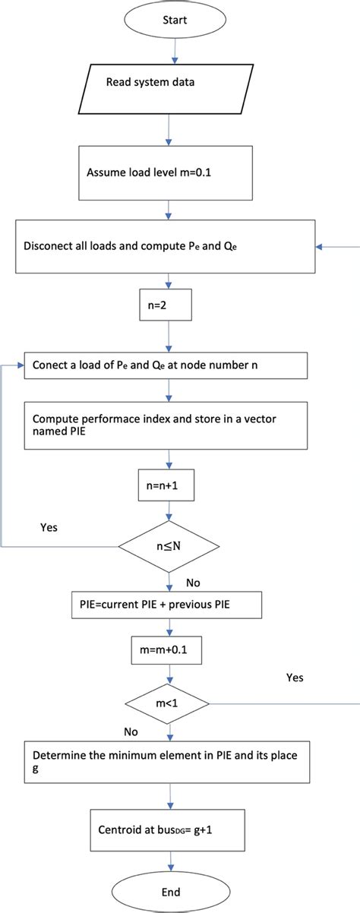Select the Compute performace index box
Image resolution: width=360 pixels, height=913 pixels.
click(167, 423)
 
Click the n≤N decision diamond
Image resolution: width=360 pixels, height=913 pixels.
click(169, 545)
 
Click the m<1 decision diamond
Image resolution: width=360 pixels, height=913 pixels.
click(169, 703)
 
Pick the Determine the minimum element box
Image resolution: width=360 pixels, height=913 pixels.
click(167, 762)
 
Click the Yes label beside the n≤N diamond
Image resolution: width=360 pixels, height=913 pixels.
click(48, 526)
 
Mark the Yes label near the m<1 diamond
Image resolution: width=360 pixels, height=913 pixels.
click(295, 676)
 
